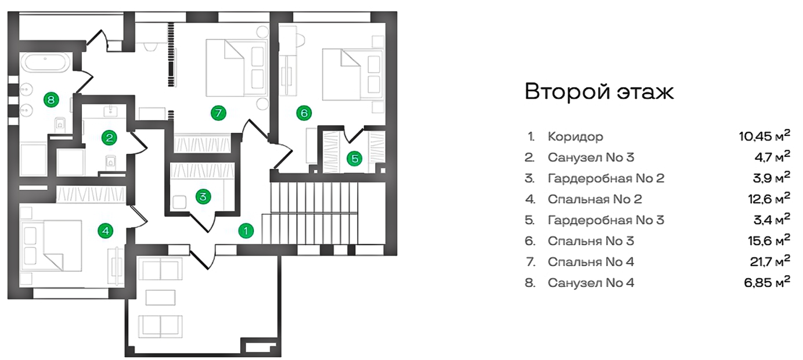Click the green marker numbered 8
tap(51, 99)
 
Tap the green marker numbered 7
tap(218, 113)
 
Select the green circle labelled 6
tap(304, 113)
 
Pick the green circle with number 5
tap(355, 158)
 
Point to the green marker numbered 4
tap(106, 231)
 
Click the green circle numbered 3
tap(203, 196)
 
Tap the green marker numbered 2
tap(109, 138)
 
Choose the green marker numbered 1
tap(246, 231)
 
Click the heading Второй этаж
tap(599, 92)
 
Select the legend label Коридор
tap(575, 136)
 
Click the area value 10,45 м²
tap(764, 136)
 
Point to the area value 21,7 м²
tap(770, 261)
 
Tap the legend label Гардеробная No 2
tap(606, 178)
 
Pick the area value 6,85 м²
tap(767, 282)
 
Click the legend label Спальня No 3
tap(590, 241)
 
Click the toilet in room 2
tap(111, 162)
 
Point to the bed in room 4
tap(52, 246)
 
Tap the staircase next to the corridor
tap(310, 213)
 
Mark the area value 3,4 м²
tap(772, 219)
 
